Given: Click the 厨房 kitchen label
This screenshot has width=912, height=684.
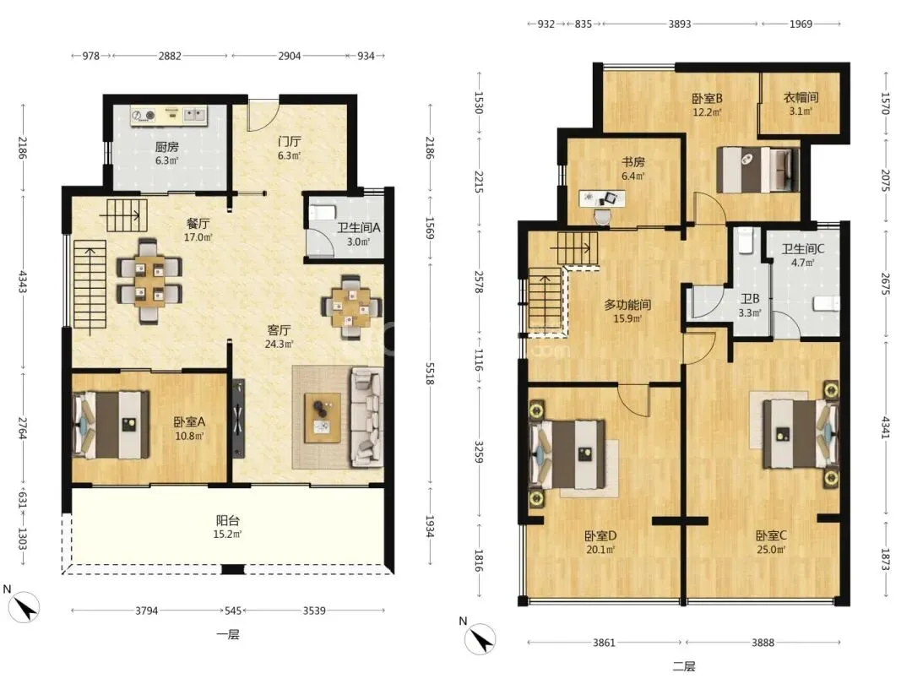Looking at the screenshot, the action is click(166, 147).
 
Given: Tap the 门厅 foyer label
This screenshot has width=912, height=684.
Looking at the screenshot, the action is click(289, 141).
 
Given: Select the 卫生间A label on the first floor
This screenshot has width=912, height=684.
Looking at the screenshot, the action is click(358, 227).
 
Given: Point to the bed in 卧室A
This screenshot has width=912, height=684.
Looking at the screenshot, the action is click(111, 425).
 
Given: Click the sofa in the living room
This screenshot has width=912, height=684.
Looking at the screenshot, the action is click(366, 417).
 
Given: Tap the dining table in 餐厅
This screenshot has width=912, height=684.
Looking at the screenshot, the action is click(149, 280).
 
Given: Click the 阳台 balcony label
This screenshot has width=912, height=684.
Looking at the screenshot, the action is click(227, 520).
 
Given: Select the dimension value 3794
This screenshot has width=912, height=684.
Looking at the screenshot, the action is click(147, 611).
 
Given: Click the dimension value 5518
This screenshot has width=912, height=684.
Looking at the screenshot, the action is click(430, 373).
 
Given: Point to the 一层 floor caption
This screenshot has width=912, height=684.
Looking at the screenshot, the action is click(228, 634).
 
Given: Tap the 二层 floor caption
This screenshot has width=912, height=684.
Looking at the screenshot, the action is click(684, 666).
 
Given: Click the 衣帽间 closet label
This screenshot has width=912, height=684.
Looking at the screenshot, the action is click(801, 97).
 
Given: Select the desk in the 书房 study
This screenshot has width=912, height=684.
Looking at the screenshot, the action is click(602, 199).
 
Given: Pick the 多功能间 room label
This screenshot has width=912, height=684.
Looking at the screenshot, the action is click(627, 304).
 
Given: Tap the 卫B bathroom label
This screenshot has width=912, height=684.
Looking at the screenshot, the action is click(750, 299).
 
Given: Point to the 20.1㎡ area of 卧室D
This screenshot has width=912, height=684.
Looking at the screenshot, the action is click(600, 549).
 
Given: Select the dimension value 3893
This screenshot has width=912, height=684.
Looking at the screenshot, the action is click(679, 24).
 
